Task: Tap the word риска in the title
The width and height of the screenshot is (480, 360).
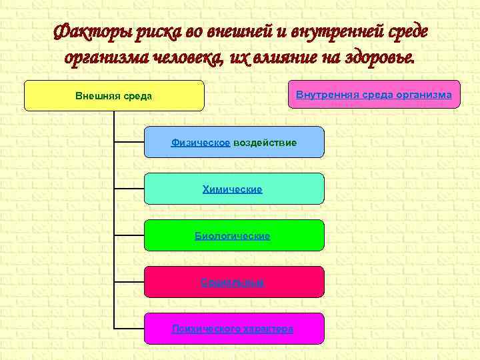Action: tap(153, 31)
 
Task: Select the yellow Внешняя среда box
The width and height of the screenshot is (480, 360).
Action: tap(114, 95)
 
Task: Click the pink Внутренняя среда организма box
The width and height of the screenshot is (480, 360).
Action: tap(373, 95)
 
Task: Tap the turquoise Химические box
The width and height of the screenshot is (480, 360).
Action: tap(234, 189)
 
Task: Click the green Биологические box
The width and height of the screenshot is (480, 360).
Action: tap(234, 235)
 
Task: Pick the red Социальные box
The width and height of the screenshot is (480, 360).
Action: tap(234, 282)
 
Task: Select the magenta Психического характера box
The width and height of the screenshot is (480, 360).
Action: tap(234, 329)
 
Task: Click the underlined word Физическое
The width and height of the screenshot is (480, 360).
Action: tap(201, 143)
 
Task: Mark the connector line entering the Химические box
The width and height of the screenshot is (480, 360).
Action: tap(129, 189)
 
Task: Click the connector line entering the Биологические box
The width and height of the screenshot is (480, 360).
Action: tap(129, 235)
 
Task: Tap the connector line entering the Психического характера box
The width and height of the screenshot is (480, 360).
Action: tap(129, 329)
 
